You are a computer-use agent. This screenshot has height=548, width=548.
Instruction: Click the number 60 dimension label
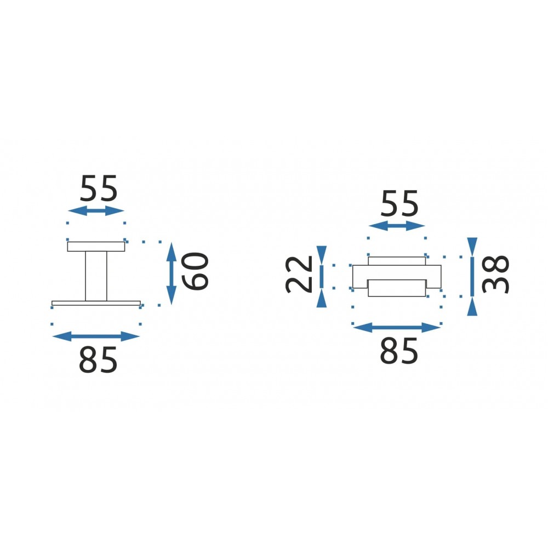195,271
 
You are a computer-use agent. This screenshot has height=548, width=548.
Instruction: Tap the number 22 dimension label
299,275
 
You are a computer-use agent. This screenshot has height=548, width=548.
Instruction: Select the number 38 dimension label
495,275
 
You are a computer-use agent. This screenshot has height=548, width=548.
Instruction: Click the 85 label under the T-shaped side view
98,359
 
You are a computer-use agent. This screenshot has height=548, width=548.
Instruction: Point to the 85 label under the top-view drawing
399,351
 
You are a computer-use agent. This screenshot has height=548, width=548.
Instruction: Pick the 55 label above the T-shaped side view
99,189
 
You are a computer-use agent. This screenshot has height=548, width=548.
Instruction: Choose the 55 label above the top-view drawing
399,204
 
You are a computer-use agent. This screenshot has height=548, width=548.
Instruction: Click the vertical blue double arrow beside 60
171,273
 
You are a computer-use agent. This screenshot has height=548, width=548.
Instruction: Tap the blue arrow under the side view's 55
96,211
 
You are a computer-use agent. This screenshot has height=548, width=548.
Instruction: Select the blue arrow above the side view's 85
96,336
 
